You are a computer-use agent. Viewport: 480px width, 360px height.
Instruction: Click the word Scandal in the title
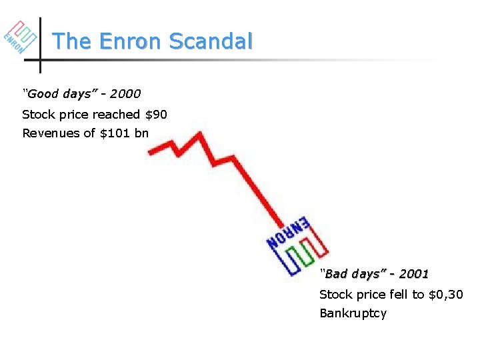(x=211, y=41)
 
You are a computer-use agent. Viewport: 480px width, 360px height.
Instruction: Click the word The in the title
(x=72, y=41)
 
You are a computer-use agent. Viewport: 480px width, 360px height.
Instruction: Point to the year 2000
(x=125, y=94)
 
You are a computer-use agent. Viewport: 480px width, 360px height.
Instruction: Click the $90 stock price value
(x=156, y=115)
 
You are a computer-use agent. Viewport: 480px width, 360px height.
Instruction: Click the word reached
(x=117, y=115)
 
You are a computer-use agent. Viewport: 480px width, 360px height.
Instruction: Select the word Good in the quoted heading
(x=42, y=94)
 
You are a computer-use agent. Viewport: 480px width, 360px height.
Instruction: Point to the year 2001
(x=413, y=274)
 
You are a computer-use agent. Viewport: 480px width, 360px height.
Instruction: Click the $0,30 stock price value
(x=447, y=295)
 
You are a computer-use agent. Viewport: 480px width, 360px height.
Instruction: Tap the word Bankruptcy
(x=353, y=313)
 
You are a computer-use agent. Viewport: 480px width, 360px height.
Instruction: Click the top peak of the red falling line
(x=198, y=135)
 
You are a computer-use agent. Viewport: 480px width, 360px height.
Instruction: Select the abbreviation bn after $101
(x=141, y=133)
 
